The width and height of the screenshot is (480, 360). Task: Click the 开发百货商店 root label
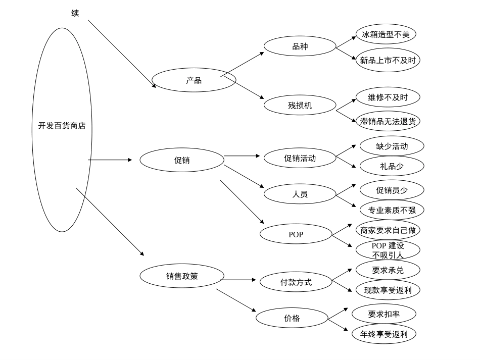point(62,126)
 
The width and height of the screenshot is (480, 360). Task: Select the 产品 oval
point(194,80)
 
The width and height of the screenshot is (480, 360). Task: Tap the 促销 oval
point(181,160)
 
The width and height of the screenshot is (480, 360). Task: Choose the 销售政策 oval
point(182,276)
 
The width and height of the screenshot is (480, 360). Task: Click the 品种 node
point(300,46)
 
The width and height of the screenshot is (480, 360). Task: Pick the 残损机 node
point(300,105)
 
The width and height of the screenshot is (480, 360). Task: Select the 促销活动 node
point(300,158)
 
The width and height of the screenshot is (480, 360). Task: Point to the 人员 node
point(300,194)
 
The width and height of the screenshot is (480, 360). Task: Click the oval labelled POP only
point(296,234)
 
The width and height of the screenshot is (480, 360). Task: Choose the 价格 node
point(292,318)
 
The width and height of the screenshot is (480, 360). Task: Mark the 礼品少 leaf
point(392,166)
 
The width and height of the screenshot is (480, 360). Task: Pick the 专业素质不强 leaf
point(392,210)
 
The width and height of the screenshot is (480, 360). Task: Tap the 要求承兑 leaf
point(388,270)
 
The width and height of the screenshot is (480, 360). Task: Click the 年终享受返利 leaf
point(383,334)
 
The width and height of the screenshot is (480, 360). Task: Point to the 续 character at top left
point(75,13)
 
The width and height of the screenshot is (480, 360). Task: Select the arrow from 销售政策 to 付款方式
point(240,279)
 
